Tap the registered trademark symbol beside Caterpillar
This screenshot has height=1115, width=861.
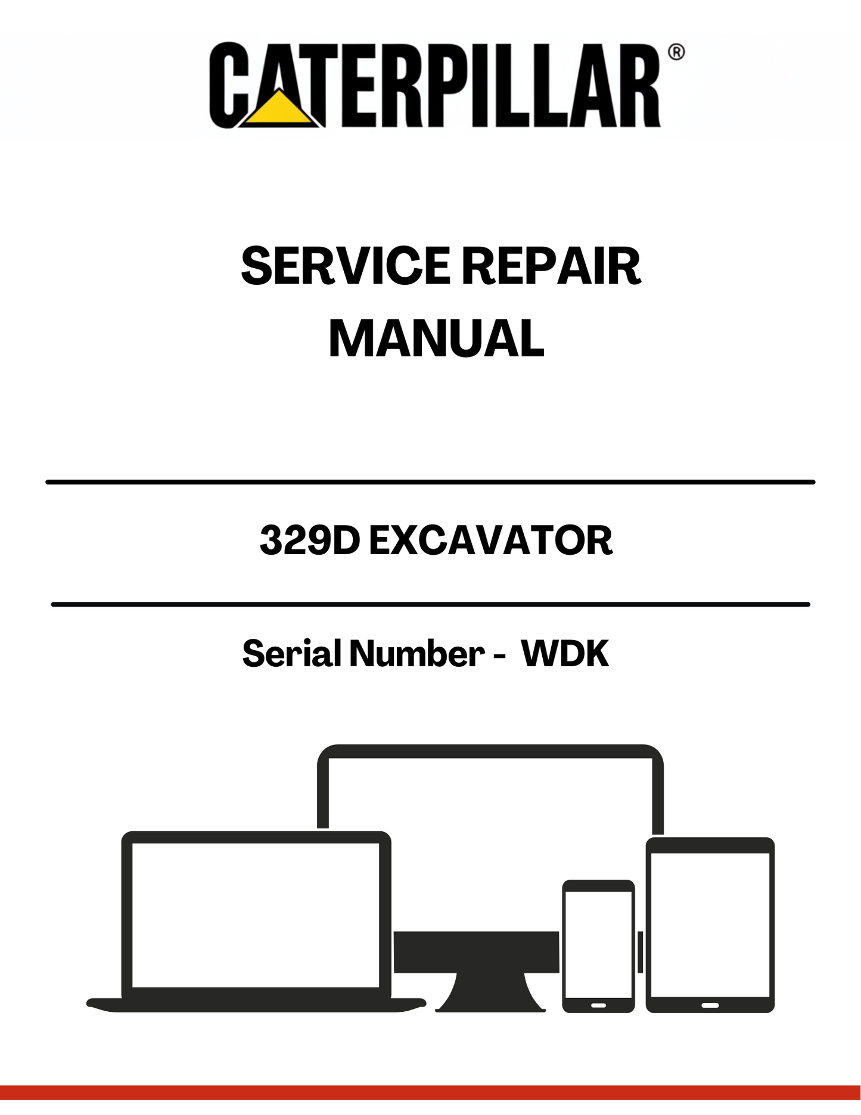(676, 52)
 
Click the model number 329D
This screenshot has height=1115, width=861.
(310, 541)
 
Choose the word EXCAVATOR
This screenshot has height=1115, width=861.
(491, 541)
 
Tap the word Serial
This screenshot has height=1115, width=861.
(291, 653)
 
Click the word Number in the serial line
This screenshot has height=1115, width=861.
(416, 653)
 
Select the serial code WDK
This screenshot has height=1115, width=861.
(565, 653)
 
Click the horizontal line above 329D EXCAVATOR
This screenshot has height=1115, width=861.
(430, 482)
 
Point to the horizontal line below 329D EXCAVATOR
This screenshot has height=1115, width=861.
(430, 604)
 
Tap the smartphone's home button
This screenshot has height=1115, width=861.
(598, 1005)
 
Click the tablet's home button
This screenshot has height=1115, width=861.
(710, 1005)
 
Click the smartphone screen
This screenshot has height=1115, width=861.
(598, 944)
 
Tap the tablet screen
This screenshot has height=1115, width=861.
(710, 924)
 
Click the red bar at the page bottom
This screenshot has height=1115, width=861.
(430, 1092)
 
